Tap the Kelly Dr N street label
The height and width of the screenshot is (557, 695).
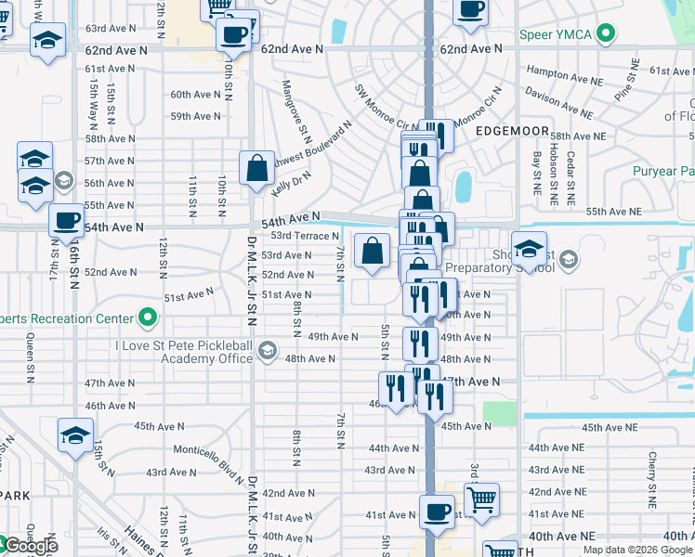291,175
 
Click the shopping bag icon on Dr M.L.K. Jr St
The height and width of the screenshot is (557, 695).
257,169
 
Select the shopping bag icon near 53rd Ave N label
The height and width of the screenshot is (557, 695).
372,252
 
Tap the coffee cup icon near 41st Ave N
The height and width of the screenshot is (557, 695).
437,512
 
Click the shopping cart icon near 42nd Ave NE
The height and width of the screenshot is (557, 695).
481,500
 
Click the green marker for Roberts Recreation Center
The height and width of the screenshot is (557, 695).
147,318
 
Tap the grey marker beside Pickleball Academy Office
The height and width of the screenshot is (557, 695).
268,350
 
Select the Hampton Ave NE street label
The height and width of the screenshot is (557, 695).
560,71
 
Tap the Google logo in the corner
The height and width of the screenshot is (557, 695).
30,547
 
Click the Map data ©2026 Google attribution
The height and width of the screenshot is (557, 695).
637,550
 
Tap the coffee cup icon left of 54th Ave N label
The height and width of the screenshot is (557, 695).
66,222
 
